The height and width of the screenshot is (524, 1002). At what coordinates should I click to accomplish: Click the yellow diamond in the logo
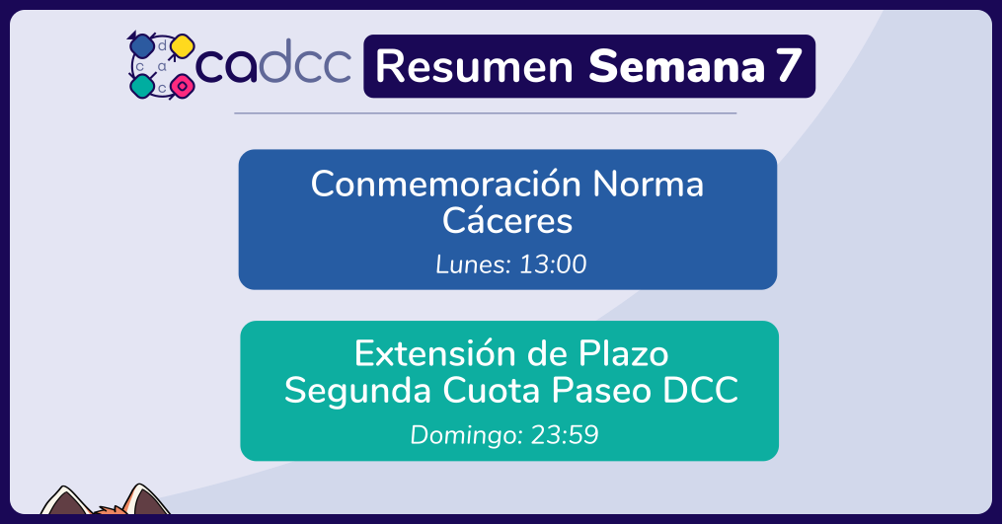coord(182,46)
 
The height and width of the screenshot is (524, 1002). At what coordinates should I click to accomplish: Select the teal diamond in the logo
coord(142,86)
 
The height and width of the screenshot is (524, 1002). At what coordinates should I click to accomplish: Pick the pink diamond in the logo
coord(182,86)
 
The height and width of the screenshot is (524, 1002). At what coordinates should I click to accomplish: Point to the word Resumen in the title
coord(474,66)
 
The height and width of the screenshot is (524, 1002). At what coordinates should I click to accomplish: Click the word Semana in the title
coord(676,66)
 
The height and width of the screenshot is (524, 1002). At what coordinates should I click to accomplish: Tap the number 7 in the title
coord(789,66)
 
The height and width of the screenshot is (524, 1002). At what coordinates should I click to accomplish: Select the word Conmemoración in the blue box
coord(446,184)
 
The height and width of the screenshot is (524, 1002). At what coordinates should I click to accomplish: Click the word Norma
coord(648,185)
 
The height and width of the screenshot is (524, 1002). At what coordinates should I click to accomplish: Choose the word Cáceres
coord(507,221)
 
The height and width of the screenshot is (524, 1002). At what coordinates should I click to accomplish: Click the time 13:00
coord(553,264)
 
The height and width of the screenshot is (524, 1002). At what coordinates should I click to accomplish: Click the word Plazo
coord(624,354)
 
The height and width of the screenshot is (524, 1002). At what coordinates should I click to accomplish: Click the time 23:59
coord(565,435)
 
